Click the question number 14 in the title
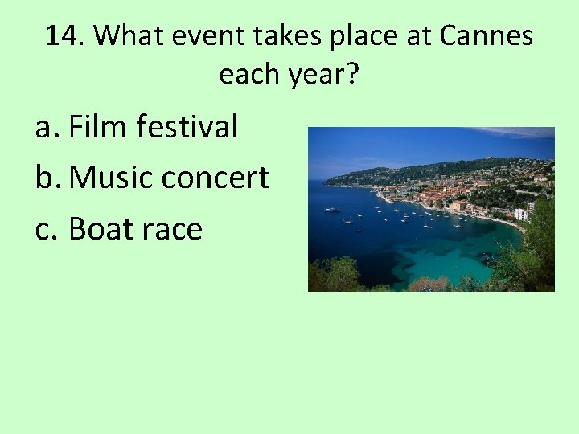click(64, 36)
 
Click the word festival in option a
click(187, 126)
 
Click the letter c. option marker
click(47, 229)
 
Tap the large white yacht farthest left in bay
click(332, 209)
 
